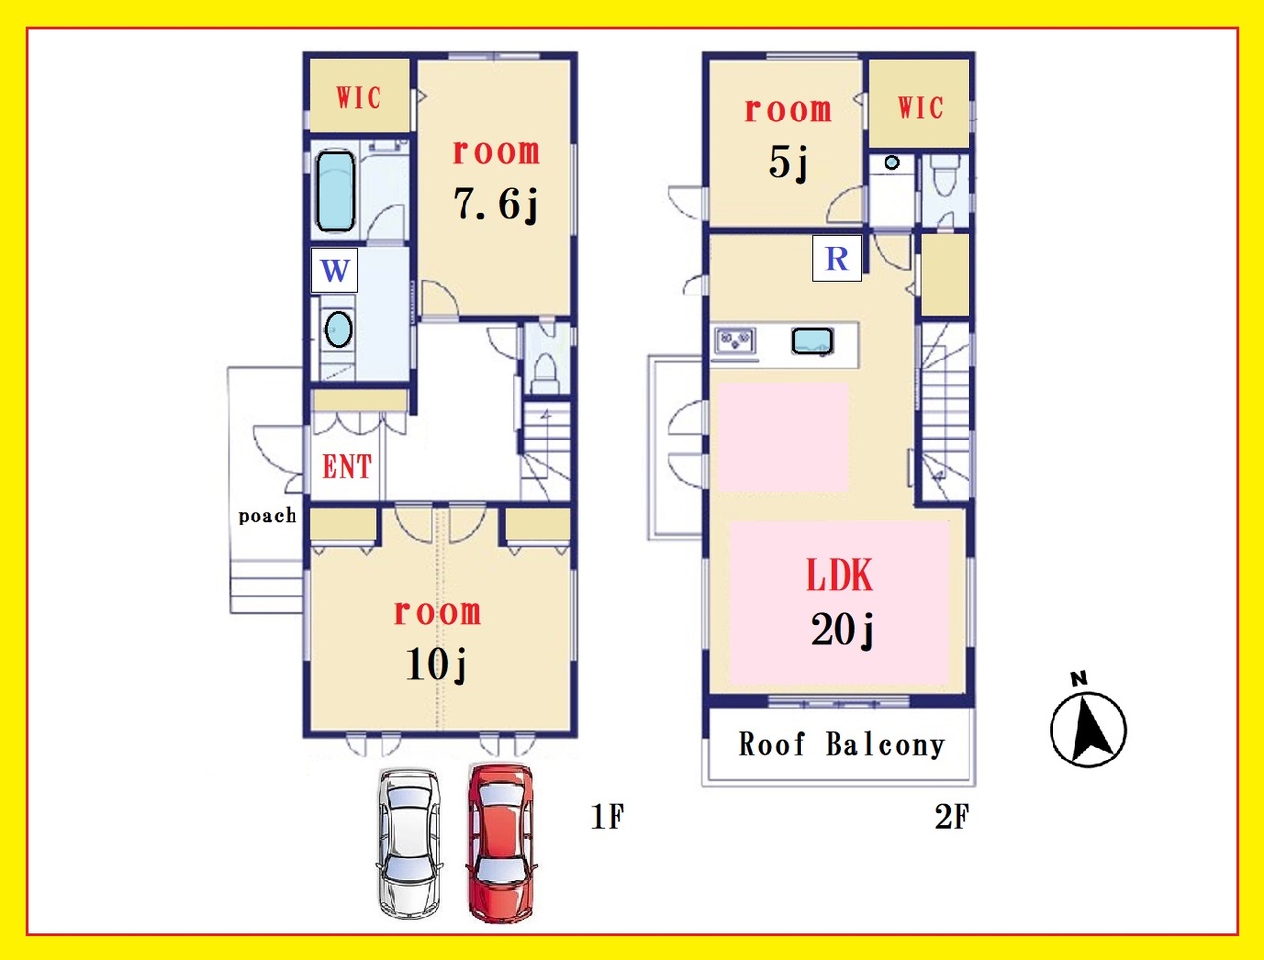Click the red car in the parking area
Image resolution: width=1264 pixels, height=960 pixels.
coord(500,843)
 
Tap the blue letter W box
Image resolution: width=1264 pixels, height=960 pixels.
coord(335,271)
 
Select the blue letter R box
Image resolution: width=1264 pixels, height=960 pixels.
coord(837,259)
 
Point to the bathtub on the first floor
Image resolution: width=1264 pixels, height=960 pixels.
coord(335,191)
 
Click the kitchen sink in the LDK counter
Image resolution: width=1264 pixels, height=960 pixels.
coord(812,341)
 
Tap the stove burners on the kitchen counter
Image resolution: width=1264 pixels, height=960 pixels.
coord(735,340)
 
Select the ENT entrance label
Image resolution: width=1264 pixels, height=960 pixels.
coord(347,467)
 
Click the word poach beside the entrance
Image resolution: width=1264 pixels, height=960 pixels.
coord(268,516)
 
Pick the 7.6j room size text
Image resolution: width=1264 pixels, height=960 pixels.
coord(495,204)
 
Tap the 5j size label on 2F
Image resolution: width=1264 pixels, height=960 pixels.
coord(789,163)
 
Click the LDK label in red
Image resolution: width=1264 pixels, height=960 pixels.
coord(840,575)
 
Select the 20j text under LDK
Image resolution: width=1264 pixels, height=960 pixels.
coord(842,630)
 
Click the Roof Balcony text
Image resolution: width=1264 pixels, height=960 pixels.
coord(841,744)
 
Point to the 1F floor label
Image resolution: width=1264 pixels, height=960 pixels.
coord(607,816)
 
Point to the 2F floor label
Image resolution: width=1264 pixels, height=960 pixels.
coord(952,816)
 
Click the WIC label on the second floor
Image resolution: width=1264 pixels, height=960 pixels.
coord(920,107)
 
